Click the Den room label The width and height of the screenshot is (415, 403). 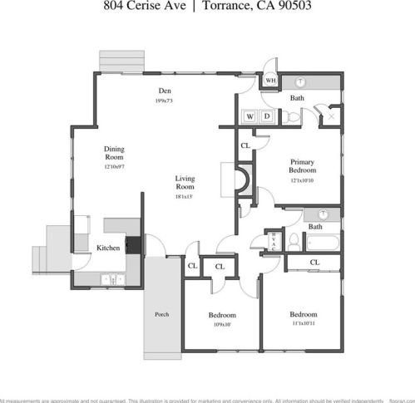pyautogui.click(x=166, y=91)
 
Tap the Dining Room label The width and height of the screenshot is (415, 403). pyautogui.click(x=114, y=153)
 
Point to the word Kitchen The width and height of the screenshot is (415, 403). pyautogui.click(x=108, y=248)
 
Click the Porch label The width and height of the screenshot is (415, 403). pyautogui.click(x=161, y=315)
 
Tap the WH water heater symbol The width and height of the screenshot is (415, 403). pyautogui.click(x=270, y=81)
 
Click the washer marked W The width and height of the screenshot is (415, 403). pyautogui.click(x=249, y=116)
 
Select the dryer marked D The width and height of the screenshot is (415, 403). pyautogui.click(x=266, y=116)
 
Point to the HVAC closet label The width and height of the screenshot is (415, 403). pyautogui.click(x=275, y=241)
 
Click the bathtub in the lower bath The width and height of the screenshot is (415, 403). pyautogui.click(x=321, y=243)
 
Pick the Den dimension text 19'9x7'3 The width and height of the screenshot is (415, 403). pyautogui.click(x=166, y=101)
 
